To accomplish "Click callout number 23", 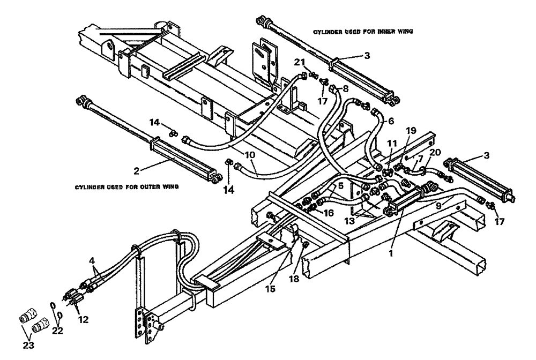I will pos(28,345).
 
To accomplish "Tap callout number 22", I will pos(57,331).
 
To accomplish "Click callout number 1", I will pos(392,251).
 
